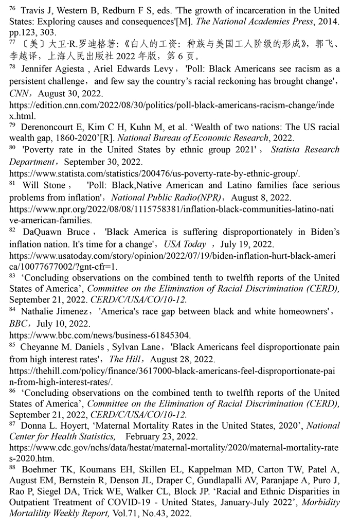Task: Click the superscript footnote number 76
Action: click(12, 8)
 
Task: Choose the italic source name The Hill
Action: click(122, 359)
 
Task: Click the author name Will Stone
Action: click(44, 185)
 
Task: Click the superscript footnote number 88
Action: click(12, 467)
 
